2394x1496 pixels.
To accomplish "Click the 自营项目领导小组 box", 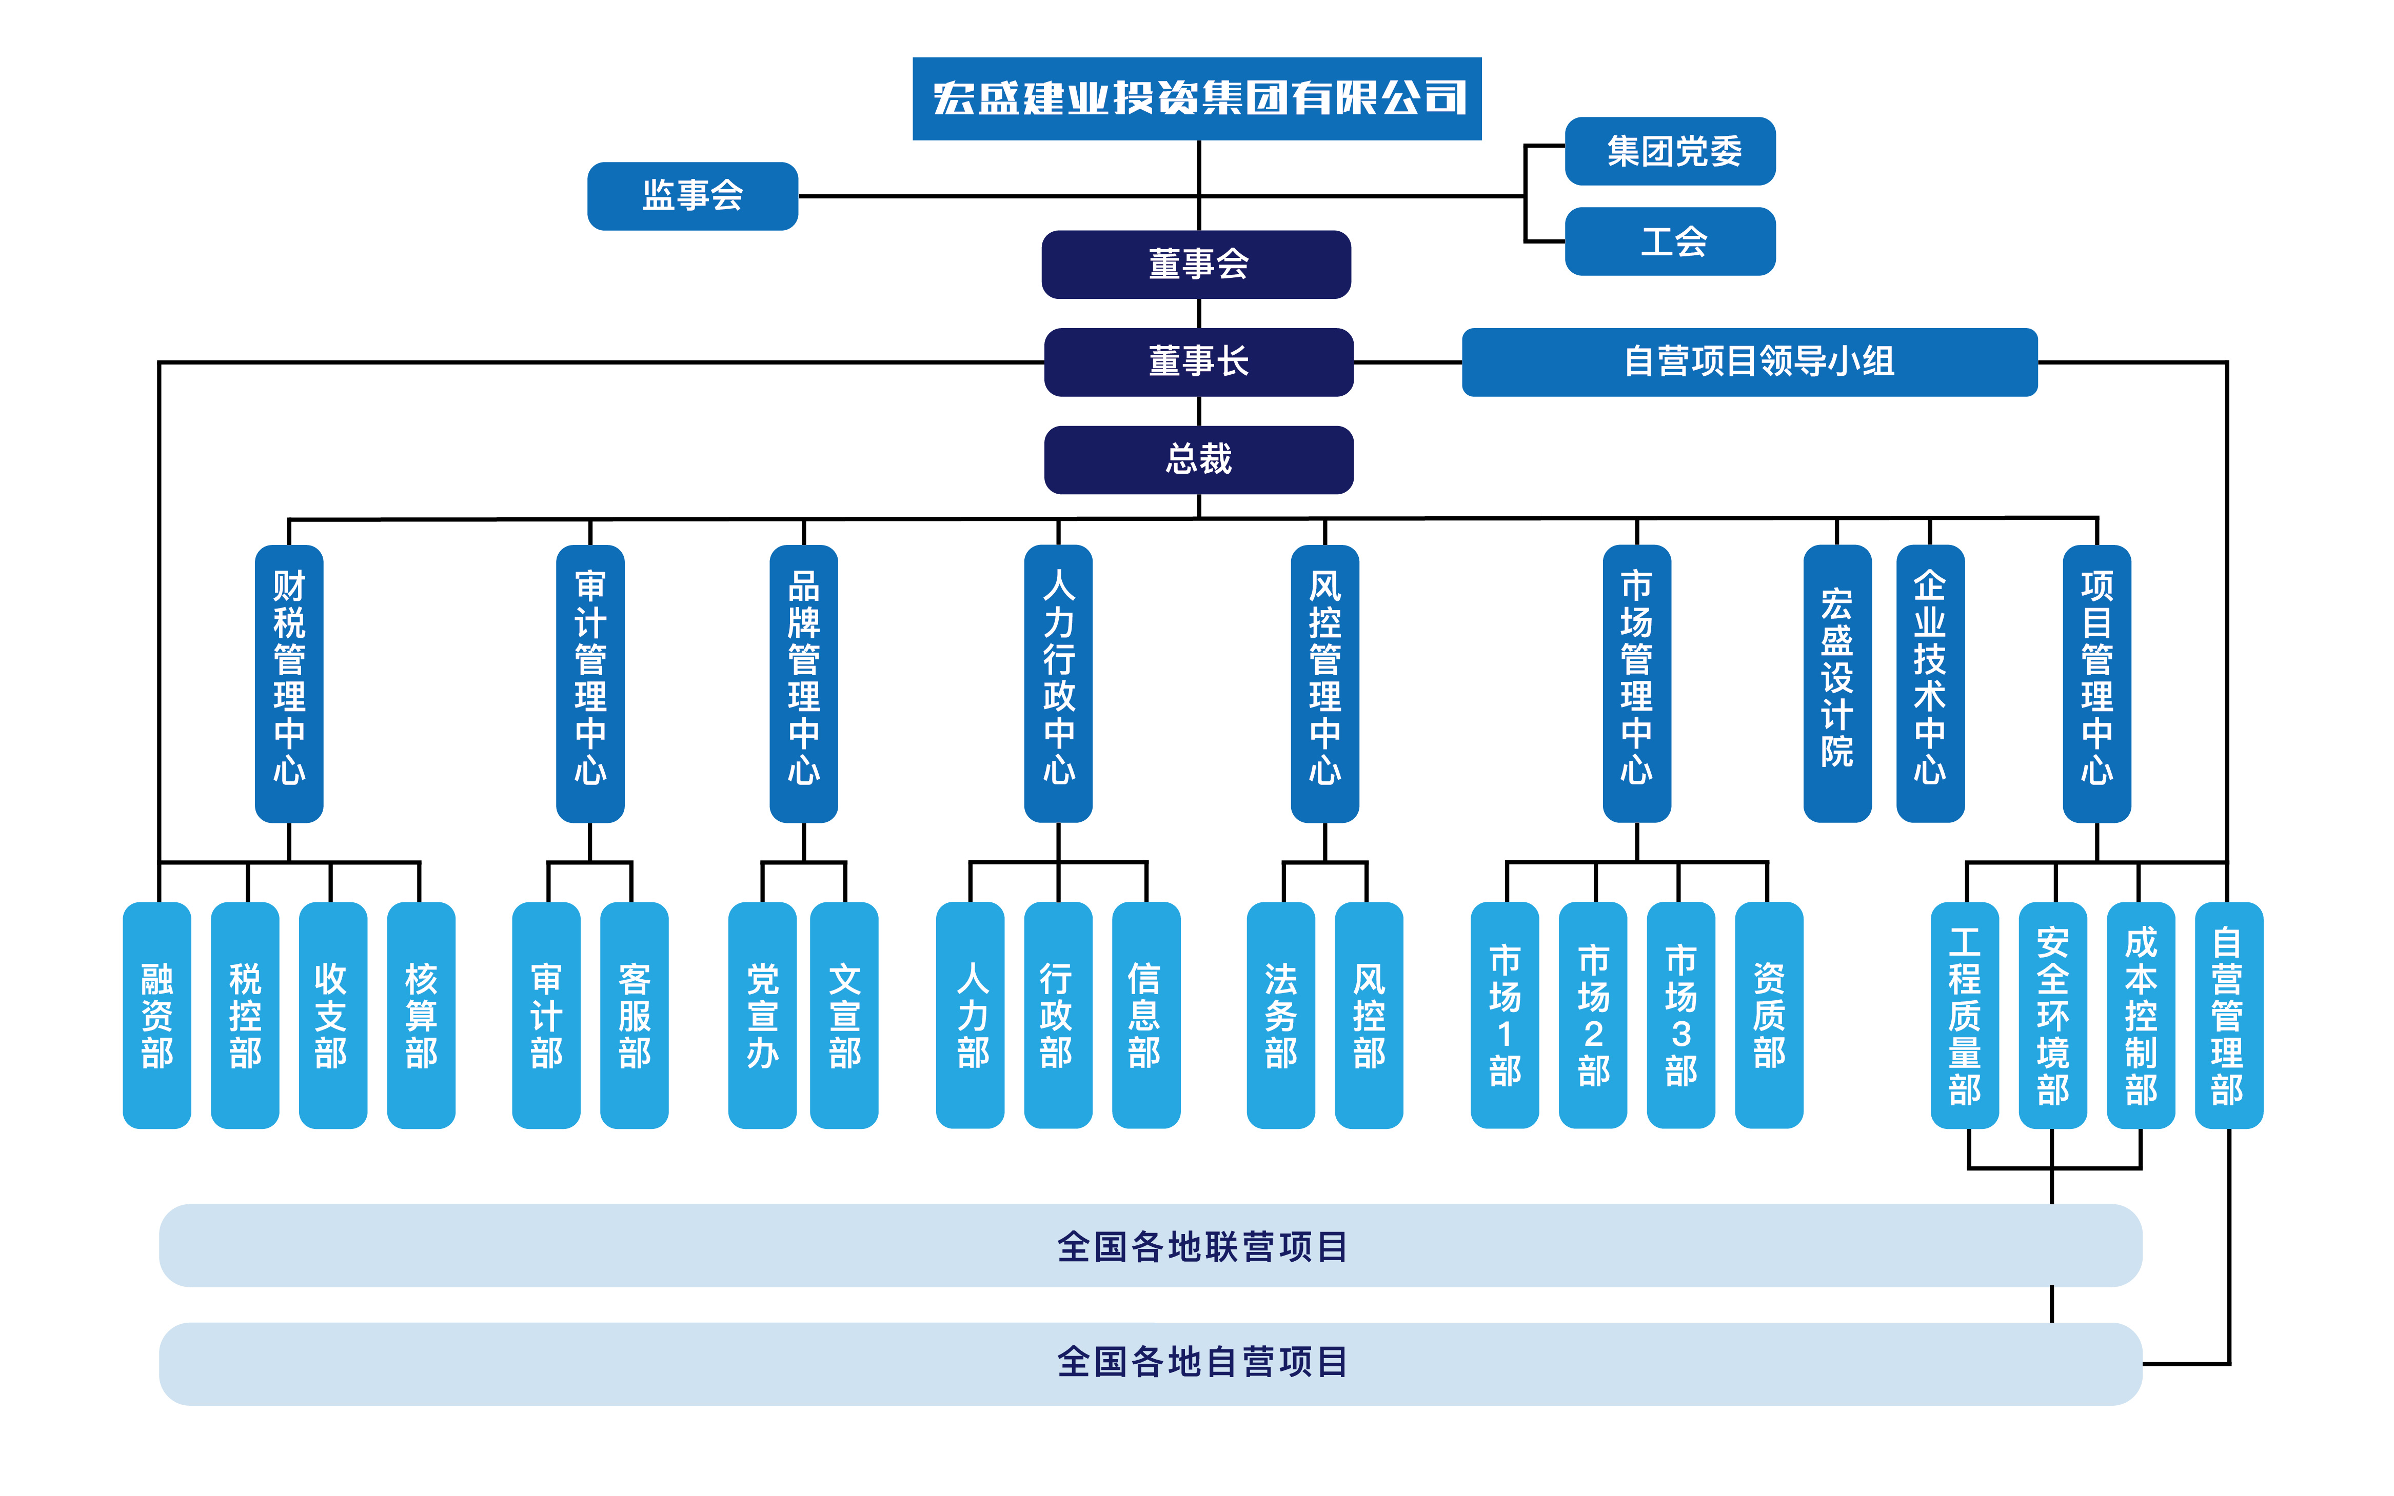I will pos(1749,362).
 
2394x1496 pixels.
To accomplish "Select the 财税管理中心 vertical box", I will pos(289,683).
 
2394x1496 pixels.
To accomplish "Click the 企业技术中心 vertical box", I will pos(1929,683).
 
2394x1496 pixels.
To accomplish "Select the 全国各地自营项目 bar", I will pos(1150,1363).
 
